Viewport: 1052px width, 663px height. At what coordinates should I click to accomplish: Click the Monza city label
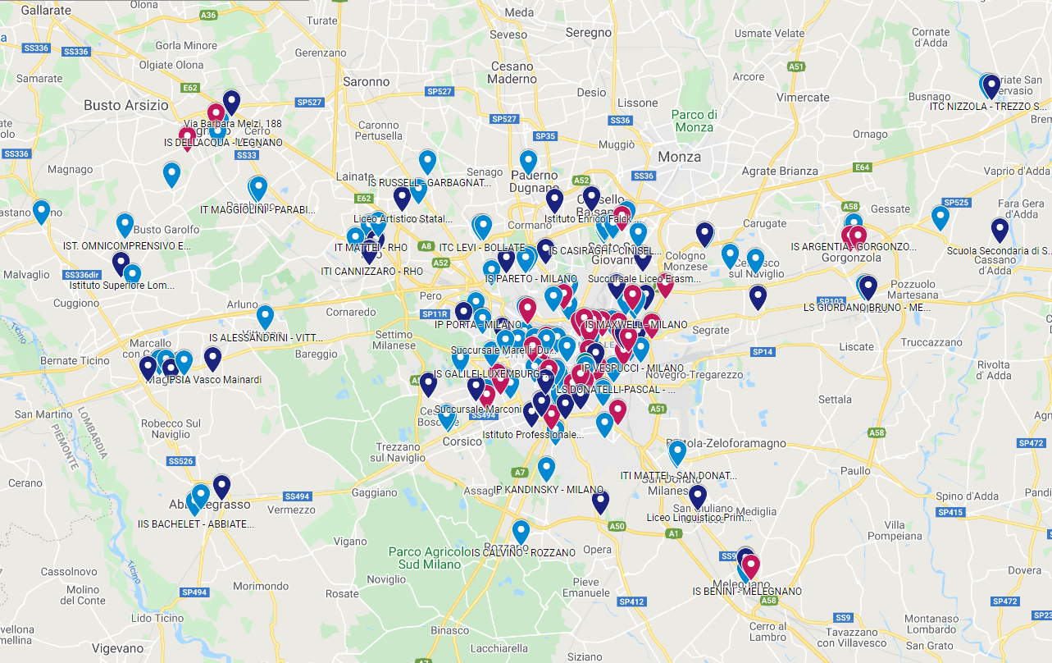[x=679, y=156]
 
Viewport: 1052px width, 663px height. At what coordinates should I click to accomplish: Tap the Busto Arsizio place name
[x=125, y=105]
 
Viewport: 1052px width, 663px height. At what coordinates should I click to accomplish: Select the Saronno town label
[x=366, y=81]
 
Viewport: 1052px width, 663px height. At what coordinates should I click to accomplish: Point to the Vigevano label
[x=117, y=648]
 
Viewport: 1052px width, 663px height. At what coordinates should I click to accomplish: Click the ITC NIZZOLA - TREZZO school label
[x=988, y=107]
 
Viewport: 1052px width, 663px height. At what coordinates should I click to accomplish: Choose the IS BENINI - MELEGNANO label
[x=746, y=592]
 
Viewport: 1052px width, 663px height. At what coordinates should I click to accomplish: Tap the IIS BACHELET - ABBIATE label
[x=195, y=524]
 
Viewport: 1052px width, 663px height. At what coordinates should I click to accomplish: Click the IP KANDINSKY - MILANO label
[x=549, y=490]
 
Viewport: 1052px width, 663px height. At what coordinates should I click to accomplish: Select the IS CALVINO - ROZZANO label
[x=524, y=552]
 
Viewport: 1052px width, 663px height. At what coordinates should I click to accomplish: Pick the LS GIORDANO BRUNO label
[x=867, y=308]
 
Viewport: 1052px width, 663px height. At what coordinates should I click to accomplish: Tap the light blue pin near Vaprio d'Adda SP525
[x=940, y=217]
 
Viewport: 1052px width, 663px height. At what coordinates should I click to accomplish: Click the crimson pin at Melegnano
[x=750, y=565]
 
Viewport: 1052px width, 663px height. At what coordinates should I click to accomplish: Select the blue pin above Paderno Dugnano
[x=528, y=161]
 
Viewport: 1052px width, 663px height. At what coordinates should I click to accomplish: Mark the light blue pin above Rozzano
[x=521, y=531]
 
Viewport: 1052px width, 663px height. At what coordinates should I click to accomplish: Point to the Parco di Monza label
[x=694, y=121]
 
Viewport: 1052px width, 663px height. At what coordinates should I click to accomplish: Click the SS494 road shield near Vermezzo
[x=297, y=496]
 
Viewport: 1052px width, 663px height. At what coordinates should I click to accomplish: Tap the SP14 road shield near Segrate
[x=763, y=352]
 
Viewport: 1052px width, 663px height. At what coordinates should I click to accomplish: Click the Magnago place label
[x=71, y=170]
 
